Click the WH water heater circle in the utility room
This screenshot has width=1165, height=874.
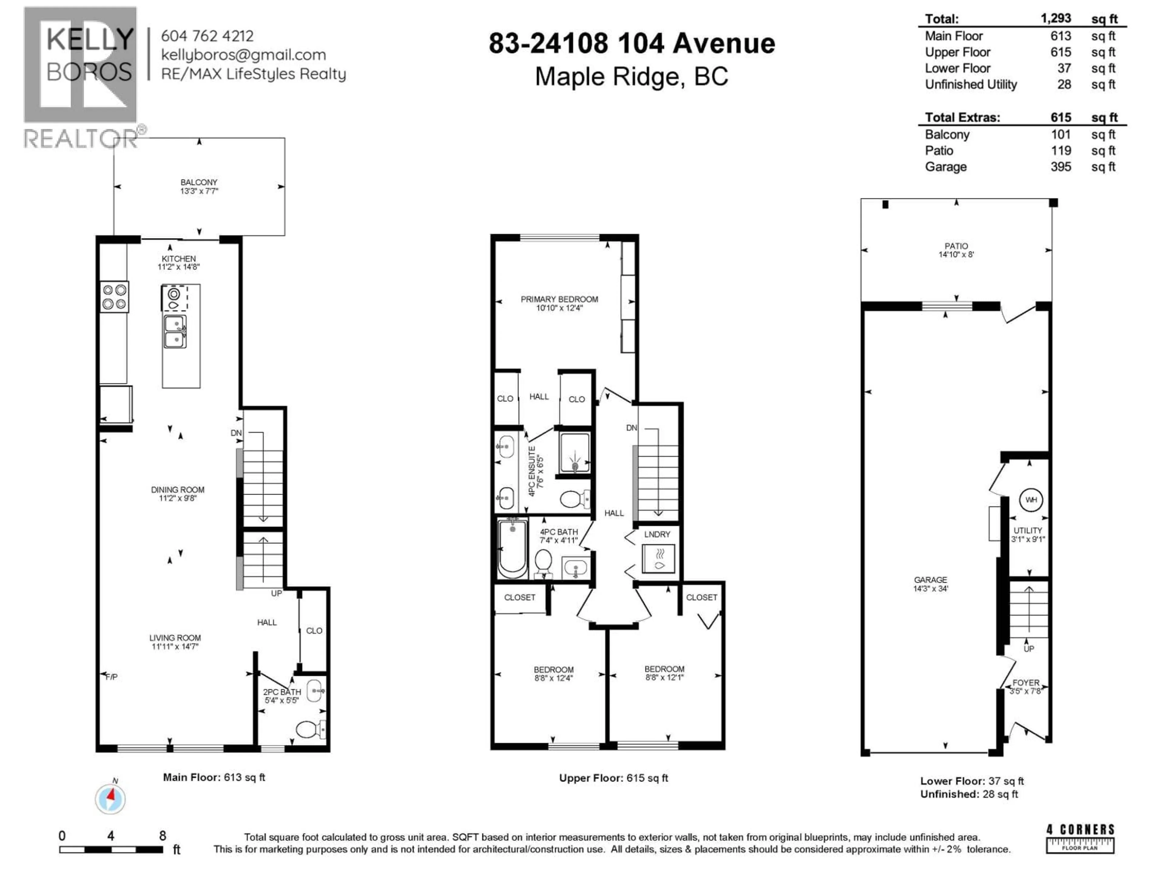click(x=1031, y=500)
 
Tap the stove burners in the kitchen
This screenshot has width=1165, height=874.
click(x=114, y=296)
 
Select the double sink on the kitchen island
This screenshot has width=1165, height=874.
click(x=175, y=331)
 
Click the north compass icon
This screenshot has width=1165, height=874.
click(x=110, y=799)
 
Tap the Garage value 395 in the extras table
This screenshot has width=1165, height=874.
click(x=1061, y=167)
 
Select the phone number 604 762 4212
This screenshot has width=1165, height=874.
click(x=207, y=36)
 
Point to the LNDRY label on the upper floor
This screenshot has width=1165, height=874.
click(x=657, y=534)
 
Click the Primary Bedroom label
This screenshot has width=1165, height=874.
click(x=559, y=299)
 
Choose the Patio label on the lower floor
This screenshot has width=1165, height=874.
click(x=956, y=246)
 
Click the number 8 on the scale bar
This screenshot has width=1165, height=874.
click(x=163, y=835)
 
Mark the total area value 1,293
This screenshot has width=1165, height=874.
click(x=1055, y=19)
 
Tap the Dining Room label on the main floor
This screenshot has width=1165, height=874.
click(x=177, y=490)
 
